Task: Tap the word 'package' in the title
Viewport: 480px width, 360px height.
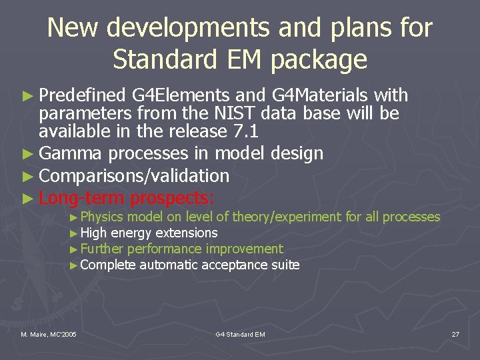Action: (319, 59)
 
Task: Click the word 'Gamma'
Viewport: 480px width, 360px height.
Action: (71, 153)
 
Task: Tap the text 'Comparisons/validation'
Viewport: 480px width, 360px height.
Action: (134, 176)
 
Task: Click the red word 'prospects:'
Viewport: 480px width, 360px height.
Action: (172, 198)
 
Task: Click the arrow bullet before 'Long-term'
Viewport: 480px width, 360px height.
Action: (27, 199)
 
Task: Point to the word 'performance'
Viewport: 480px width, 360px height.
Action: (164, 249)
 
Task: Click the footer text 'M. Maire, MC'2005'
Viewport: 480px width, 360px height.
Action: (48, 334)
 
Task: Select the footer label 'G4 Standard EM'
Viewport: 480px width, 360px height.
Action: (240, 334)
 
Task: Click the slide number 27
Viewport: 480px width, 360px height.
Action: (455, 334)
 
